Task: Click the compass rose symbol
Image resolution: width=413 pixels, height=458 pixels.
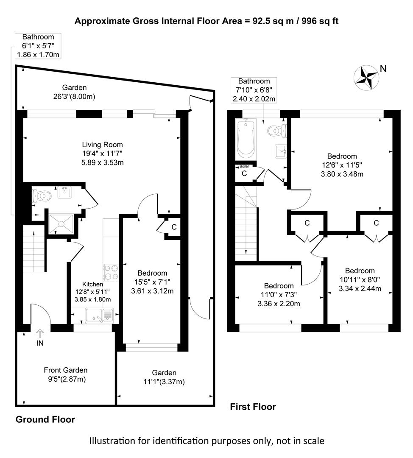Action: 366,78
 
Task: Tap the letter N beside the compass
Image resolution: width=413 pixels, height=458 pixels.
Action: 383,69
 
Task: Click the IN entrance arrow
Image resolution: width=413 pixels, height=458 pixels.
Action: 40,333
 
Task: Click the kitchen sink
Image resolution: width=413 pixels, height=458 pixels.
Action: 99,315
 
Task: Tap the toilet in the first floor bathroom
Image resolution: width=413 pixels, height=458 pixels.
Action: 277,131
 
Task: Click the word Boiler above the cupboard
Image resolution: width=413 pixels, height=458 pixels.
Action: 244,166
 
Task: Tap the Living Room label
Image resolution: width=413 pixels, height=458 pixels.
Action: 102,145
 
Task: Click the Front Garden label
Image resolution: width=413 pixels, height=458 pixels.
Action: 65,370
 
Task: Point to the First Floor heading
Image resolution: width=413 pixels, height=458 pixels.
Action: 253,407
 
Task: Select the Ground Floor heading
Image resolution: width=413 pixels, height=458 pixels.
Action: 45,419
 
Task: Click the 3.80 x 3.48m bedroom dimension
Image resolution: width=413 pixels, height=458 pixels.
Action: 342,174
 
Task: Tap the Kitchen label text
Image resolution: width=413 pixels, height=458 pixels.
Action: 92,284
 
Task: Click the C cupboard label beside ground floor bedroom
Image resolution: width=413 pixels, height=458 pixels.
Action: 174,227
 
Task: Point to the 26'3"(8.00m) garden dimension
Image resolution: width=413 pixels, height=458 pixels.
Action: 74,97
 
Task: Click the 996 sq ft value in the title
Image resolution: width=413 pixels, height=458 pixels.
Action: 320,21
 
